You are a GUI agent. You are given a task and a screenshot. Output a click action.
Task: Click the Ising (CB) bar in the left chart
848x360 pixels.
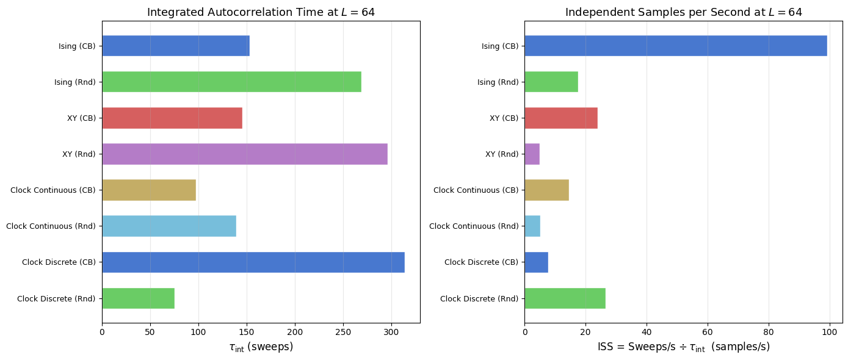(x=175, y=46)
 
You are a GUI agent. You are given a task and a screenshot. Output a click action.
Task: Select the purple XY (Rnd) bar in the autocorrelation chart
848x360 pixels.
(x=244, y=154)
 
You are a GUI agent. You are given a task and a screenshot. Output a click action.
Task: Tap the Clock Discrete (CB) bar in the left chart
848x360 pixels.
(x=253, y=262)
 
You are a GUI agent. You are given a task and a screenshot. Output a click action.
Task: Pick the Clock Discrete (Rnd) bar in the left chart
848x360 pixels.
(x=138, y=298)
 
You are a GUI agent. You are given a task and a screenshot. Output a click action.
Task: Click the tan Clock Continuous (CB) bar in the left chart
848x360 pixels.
(x=148, y=190)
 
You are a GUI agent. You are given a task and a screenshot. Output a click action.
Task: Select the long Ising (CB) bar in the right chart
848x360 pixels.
(x=675, y=46)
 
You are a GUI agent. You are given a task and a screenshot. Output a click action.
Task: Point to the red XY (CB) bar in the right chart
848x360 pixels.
(x=560, y=118)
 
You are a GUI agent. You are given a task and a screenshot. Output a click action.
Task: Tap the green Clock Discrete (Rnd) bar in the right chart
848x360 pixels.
(x=565, y=298)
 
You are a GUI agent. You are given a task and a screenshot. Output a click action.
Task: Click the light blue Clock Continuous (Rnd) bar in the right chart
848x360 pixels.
(x=532, y=226)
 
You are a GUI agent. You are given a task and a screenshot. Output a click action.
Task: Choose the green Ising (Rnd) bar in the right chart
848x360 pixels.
(x=551, y=82)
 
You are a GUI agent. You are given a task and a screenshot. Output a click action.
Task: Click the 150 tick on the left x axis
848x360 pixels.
(x=247, y=332)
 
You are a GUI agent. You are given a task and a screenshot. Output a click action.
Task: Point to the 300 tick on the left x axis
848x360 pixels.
(x=391, y=332)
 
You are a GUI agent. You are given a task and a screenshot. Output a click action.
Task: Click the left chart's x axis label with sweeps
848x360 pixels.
(x=261, y=347)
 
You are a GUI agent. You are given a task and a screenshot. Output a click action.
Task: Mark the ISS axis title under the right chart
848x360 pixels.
(x=683, y=347)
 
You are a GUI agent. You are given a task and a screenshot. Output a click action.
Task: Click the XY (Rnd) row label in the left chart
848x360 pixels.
(x=79, y=154)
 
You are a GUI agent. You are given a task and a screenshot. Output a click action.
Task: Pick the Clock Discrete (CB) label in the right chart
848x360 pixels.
(x=481, y=262)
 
